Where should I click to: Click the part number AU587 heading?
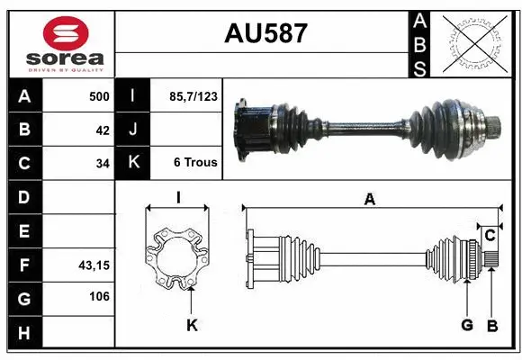pyautogui.click(x=265, y=34)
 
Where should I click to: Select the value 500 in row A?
pyautogui.click(x=99, y=96)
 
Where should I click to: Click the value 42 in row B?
pyautogui.click(x=103, y=130)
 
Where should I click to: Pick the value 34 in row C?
pyautogui.click(x=103, y=164)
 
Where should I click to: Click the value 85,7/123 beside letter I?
pyautogui.click(x=193, y=95)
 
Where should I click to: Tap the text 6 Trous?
pyautogui.click(x=195, y=163)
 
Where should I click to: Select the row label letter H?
pyautogui.click(x=23, y=333)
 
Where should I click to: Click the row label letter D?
pyautogui.click(x=23, y=197)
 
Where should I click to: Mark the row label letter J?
pyautogui.click(x=133, y=130)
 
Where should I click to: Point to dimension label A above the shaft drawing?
pyautogui.click(x=369, y=200)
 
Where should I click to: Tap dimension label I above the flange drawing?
pyautogui.click(x=177, y=198)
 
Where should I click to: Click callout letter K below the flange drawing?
pyautogui.click(x=191, y=325)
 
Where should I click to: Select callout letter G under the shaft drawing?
pyautogui.click(x=467, y=325)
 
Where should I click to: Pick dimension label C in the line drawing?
pyautogui.click(x=490, y=236)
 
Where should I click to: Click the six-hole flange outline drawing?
pyautogui.click(x=178, y=260)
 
